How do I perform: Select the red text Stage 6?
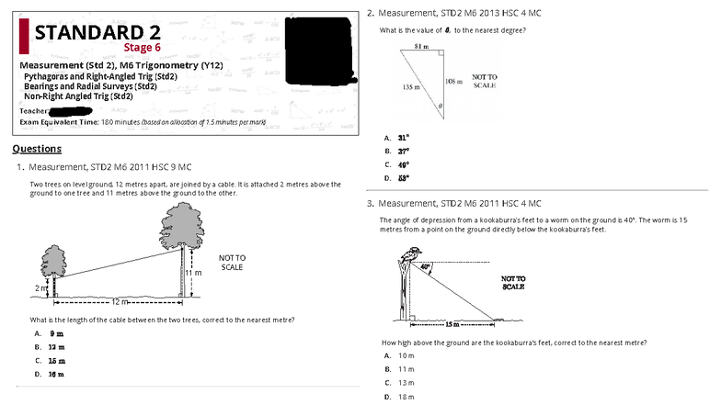click(x=142, y=48)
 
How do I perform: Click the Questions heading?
click(x=37, y=149)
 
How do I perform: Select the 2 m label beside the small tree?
click(x=39, y=288)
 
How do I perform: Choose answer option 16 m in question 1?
click(x=56, y=375)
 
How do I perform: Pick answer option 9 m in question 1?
click(x=55, y=333)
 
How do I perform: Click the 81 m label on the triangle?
click(x=420, y=45)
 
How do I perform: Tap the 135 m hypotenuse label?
click(x=410, y=86)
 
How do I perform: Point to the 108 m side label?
click(x=452, y=82)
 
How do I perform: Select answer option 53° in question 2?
click(x=403, y=178)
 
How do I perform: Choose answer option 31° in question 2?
click(x=403, y=137)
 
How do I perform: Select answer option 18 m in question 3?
click(x=406, y=397)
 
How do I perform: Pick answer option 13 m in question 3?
click(x=406, y=382)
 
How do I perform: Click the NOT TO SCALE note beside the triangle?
click(x=485, y=82)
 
